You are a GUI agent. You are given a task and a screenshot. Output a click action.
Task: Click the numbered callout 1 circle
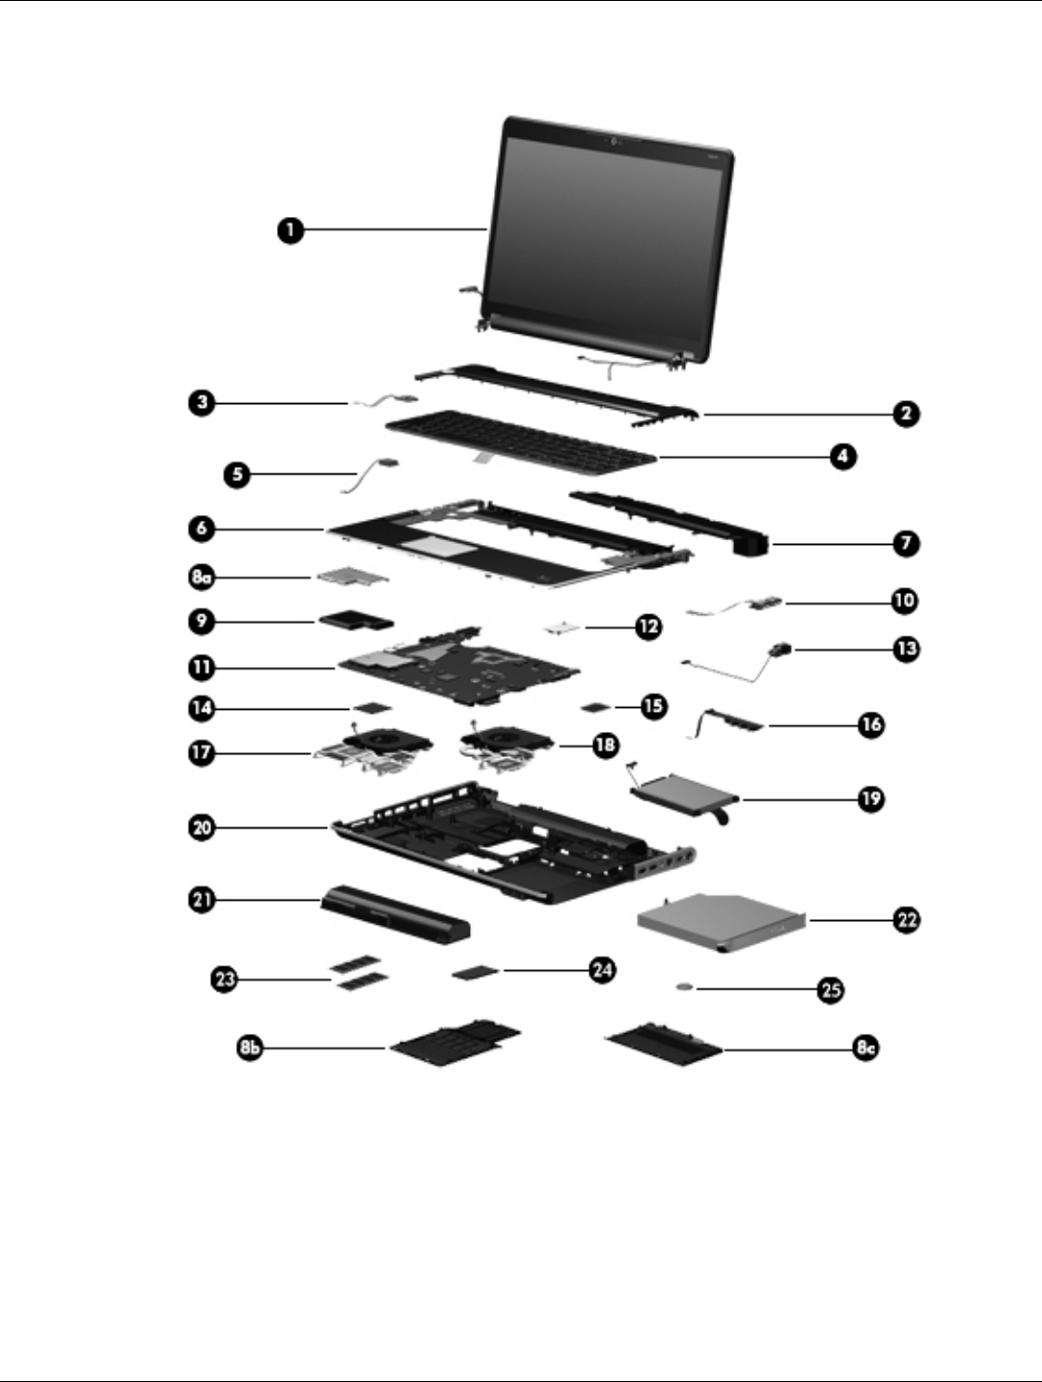(288, 230)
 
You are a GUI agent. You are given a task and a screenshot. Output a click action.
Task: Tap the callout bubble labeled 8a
(202, 578)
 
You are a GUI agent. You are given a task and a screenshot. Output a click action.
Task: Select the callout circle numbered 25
(830, 989)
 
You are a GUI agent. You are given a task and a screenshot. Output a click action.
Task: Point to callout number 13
(905, 648)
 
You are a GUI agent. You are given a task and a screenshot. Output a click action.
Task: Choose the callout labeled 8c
(865, 1047)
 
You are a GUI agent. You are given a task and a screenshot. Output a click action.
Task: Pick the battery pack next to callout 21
(397, 914)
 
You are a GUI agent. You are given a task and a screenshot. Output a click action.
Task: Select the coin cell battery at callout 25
(684, 988)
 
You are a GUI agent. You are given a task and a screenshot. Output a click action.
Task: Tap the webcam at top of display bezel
(614, 144)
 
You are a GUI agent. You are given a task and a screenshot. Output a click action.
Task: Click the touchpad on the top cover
(437, 546)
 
